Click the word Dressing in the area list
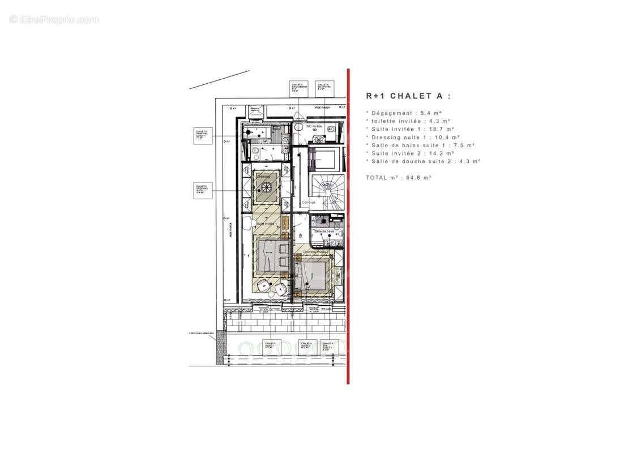(385, 137)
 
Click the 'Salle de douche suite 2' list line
(423, 161)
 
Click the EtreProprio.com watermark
(54, 20)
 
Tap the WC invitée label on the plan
(314, 126)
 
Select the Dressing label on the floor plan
(263, 177)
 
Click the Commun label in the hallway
(308, 202)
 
